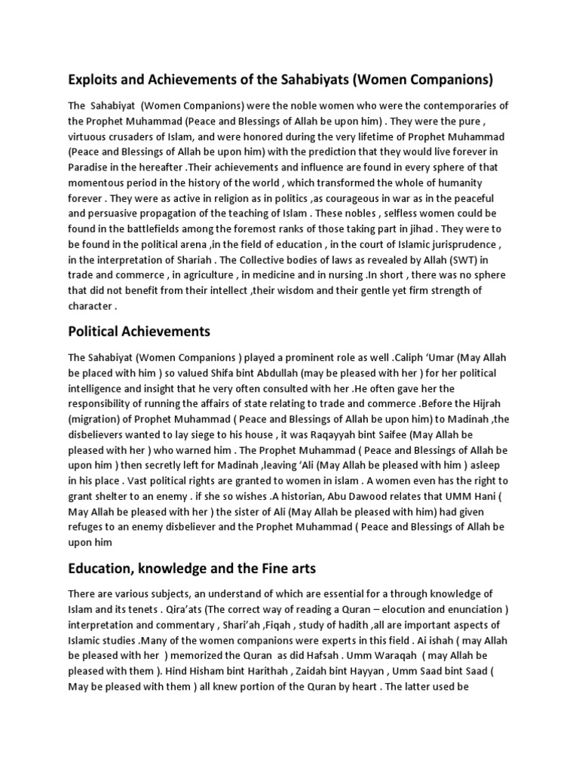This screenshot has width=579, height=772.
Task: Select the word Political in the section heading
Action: pos(97,331)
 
